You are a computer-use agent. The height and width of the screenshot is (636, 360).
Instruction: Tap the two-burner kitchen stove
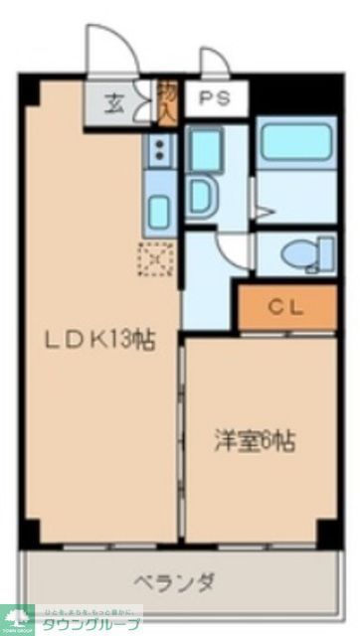pos(159,151)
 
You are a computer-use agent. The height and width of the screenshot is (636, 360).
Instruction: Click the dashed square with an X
pos(156,260)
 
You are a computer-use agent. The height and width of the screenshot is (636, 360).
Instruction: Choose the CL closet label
pos(286,308)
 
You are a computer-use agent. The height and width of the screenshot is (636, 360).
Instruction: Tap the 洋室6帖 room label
pos(256,438)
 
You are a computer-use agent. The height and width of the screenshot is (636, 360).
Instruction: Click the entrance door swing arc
pos(103,50)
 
